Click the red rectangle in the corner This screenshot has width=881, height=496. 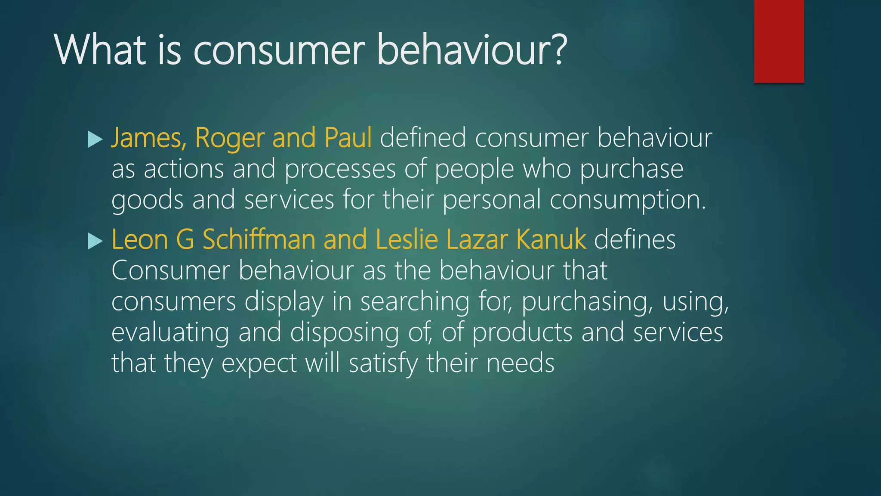click(x=779, y=41)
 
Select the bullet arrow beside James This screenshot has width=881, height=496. click(x=95, y=139)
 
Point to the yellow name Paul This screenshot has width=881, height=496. click(x=348, y=138)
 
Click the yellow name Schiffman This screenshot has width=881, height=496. click(x=259, y=239)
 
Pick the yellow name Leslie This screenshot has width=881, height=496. click(x=407, y=239)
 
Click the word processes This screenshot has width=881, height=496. click(x=340, y=170)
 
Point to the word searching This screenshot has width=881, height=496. click(x=415, y=302)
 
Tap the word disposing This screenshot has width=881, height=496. click(x=345, y=333)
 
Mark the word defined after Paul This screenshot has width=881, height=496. click(x=423, y=138)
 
